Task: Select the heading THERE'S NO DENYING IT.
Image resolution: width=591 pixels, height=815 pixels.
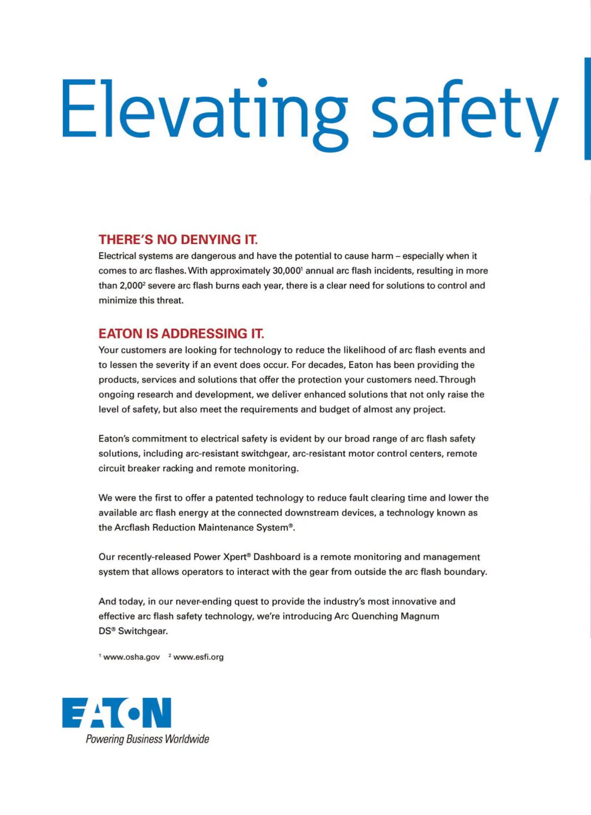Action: (x=178, y=240)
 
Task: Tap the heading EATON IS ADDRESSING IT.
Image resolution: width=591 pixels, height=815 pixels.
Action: (x=181, y=334)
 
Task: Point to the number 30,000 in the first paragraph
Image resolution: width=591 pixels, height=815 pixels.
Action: (x=286, y=271)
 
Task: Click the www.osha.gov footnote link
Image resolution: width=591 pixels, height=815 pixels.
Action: (x=131, y=657)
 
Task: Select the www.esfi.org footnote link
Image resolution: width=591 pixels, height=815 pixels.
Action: (x=198, y=657)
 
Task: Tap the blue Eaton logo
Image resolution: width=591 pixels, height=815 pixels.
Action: (x=117, y=713)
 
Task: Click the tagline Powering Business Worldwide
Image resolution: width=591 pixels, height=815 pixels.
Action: (x=147, y=739)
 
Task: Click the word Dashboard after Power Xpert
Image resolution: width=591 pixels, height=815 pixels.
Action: (x=277, y=557)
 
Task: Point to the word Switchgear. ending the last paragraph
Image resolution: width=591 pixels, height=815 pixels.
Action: (x=143, y=631)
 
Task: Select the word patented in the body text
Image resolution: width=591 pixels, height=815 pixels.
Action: (x=234, y=498)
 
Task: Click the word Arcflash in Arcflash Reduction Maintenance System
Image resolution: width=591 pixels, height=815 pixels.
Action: (x=131, y=527)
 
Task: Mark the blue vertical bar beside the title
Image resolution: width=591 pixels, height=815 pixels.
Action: (x=588, y=108)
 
